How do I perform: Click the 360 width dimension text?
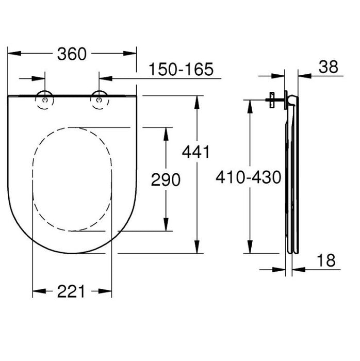pos(72,54)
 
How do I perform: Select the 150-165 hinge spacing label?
pos(181,70)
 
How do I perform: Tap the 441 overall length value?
pos(197,152)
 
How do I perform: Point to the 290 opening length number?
pos(166,180)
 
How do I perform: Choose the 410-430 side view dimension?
pos(249,178)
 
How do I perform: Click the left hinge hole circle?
pos(45,100)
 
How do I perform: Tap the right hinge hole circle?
pos(98,100)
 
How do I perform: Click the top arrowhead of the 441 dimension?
pos(197,101)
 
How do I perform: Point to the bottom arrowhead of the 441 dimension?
pos(197,249)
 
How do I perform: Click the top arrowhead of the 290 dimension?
pos(165,132)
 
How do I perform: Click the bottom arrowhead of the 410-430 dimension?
pos(249,249)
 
